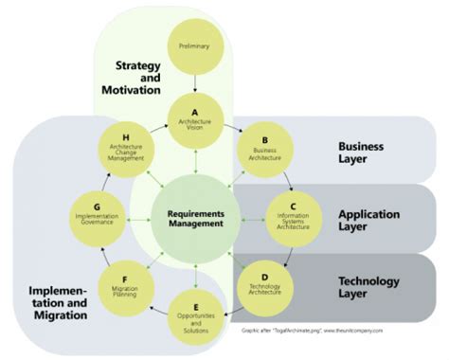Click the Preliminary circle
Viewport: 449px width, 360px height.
coord(193,45)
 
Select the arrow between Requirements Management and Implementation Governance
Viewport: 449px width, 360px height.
coord(138,218)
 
